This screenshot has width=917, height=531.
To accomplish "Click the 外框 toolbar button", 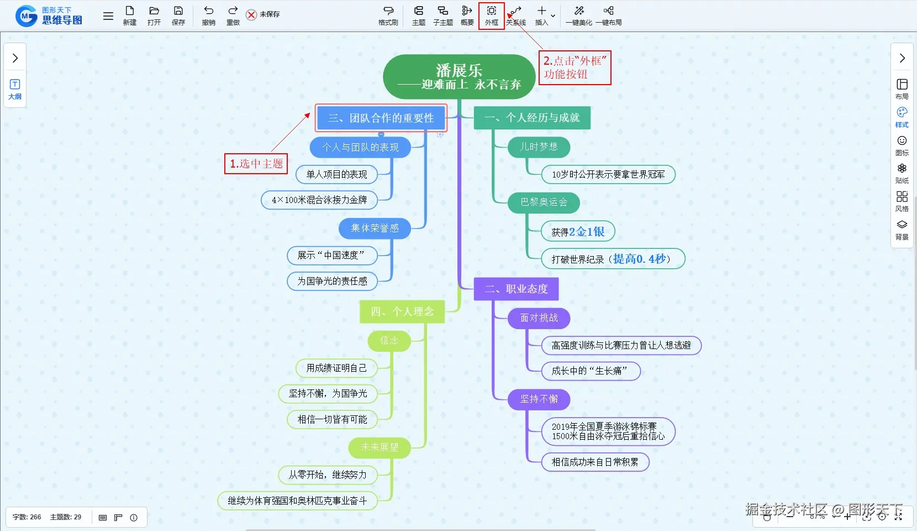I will tap(491, 15).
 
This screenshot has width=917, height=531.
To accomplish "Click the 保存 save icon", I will tap(178, 15).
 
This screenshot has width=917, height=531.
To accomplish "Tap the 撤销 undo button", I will tap(208, 15).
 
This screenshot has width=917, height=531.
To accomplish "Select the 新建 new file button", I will tap(129, 15).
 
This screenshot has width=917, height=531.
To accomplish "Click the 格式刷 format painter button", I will tap(388, 15).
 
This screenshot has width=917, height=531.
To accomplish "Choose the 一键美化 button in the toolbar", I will tap(578, 15).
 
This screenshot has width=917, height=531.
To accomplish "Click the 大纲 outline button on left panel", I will tap(15, 88).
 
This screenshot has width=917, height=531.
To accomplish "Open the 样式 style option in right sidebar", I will tap(902, 117).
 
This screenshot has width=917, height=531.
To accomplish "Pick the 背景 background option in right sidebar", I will tap(902, 230).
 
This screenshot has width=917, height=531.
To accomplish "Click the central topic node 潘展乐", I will tap(459, 77).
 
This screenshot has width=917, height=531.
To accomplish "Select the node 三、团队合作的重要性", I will tap(381, 118).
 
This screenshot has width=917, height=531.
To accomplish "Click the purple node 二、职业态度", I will tap(516, 289).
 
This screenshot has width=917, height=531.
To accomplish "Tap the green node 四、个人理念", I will tap(402, 311).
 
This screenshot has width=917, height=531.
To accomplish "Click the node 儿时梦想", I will tap(539, 147).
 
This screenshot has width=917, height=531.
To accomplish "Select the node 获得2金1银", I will tap(578, 232).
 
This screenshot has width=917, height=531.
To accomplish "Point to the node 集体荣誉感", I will tap(375, 228).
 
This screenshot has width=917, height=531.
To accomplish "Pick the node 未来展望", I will tap(380, 447).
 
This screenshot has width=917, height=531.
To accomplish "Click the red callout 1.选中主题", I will tap(256, 164).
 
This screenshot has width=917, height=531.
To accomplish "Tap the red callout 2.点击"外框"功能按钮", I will tap(575, 67).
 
